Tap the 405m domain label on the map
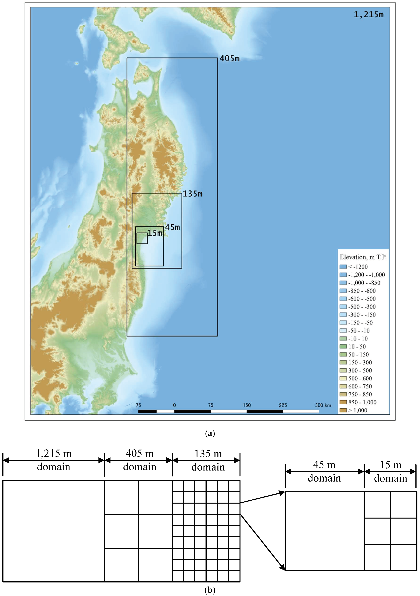click(229, 59)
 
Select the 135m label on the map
click(193, 194)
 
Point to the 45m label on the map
click(172, 228)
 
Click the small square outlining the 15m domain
click(142, 238)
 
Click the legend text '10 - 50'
click(357, 347)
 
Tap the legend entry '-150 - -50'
click(360, 323)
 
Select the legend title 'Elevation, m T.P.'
click(363, 257)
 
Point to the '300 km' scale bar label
click(323, 405)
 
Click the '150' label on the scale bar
click(247, 405)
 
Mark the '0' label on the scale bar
click(174, 405)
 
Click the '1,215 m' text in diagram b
click(54, 453)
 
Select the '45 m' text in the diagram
click(324, 465)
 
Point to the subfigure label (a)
click(210, 433)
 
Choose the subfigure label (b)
click(210, 590)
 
